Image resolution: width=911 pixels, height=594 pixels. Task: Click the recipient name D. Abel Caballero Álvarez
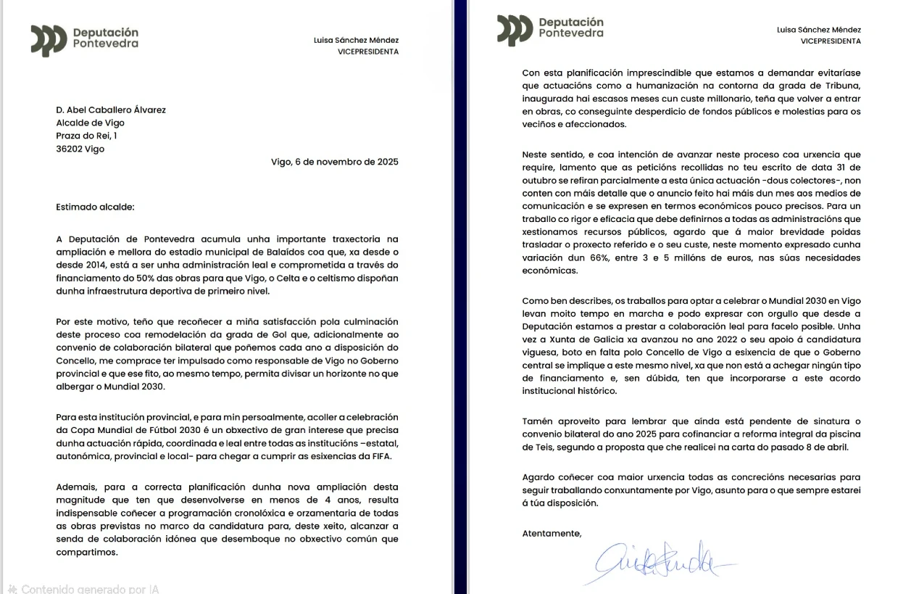tap(111, 110)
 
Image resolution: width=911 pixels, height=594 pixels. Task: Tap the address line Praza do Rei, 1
tap(86, 136)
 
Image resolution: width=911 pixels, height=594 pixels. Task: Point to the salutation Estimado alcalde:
tap(95, 207)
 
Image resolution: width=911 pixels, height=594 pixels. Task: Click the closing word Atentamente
tap(552, 534)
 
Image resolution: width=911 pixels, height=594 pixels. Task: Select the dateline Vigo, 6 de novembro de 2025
tap(334, 162)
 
